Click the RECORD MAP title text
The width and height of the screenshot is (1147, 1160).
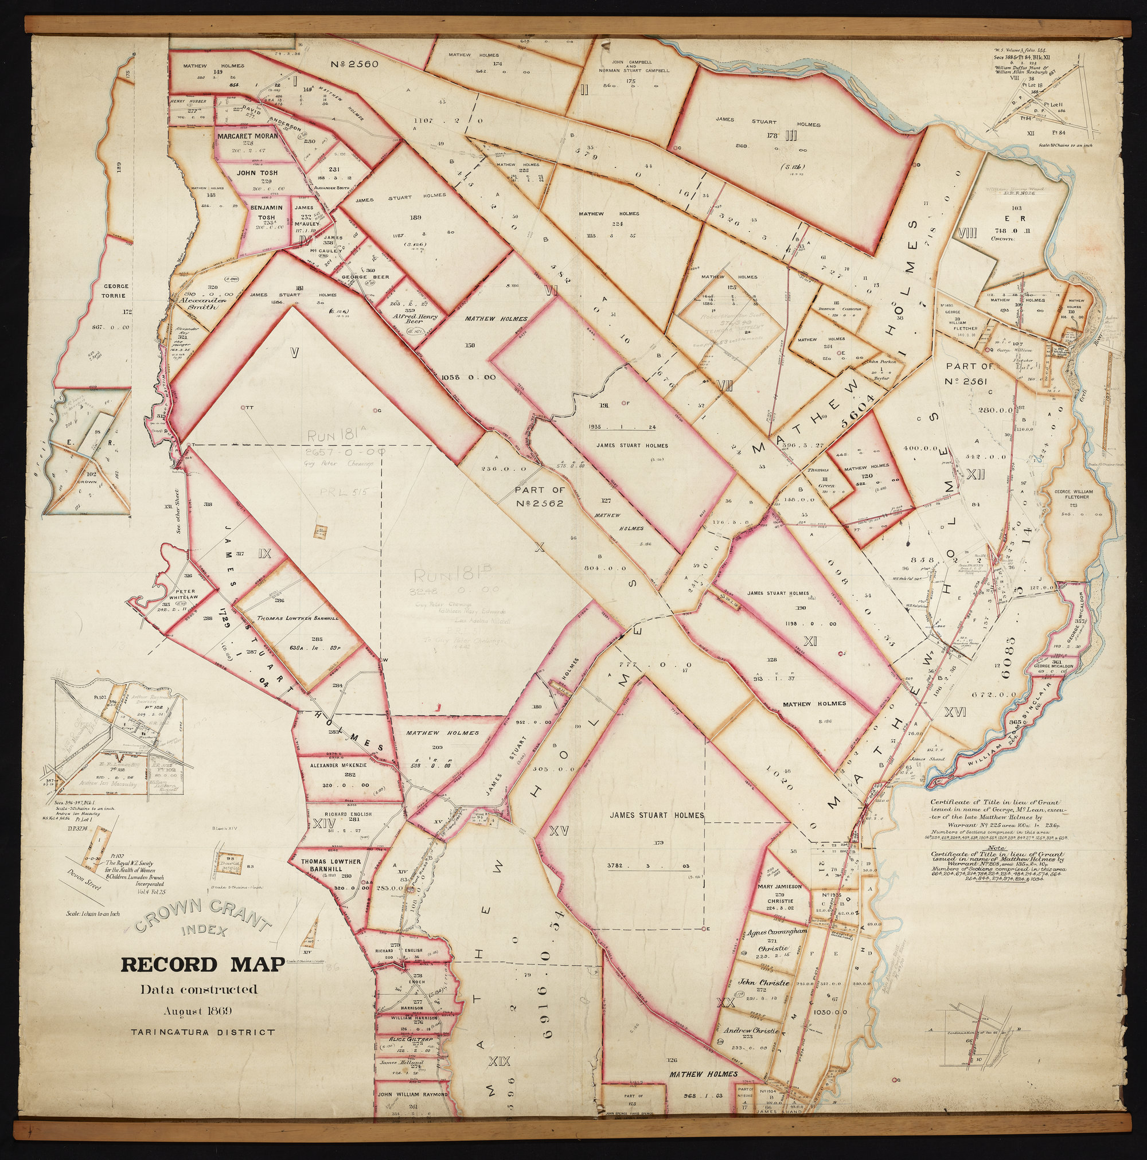tap(203, 965)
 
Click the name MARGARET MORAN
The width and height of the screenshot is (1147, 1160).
tap(247, 136)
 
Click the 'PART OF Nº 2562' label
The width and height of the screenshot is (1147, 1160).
tap(539, 497)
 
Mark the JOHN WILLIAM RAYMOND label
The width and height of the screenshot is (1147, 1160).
tap(413, 1095)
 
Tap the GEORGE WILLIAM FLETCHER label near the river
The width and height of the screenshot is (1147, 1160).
tap(1073, 495)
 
